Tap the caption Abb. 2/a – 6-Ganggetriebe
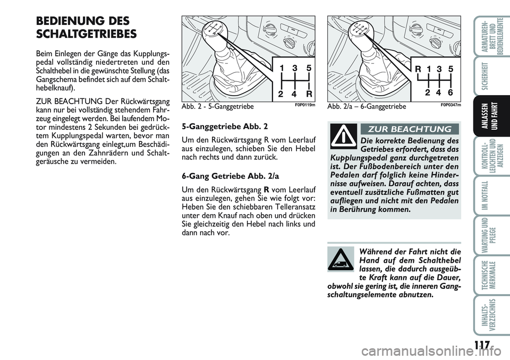[367, 107]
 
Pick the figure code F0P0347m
[450, 106]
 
